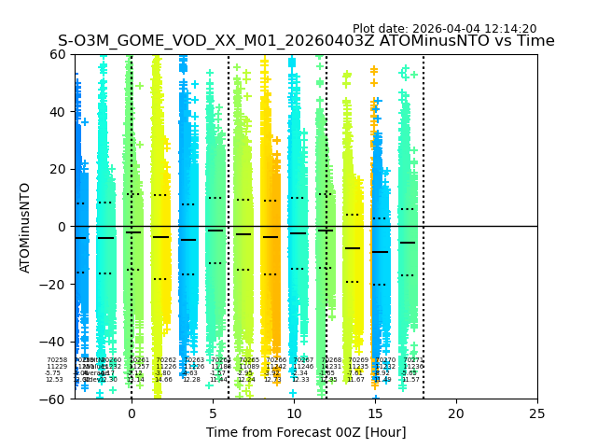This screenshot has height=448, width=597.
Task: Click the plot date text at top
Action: tap(444, 29)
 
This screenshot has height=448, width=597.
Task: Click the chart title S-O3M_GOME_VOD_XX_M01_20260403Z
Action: tap(306, 41)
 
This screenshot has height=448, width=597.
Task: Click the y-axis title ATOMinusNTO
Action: tap(25, 227)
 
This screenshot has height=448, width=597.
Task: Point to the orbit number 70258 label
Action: tap(57, 359)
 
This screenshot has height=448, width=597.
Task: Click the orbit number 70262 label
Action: tap(166, 359)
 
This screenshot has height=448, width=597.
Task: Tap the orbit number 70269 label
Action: tap(358, 359)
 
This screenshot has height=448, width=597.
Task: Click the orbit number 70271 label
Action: tap(412, 359)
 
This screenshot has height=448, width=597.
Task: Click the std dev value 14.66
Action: tap(163, 380)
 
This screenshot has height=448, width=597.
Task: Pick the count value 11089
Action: tap(247, 367)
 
